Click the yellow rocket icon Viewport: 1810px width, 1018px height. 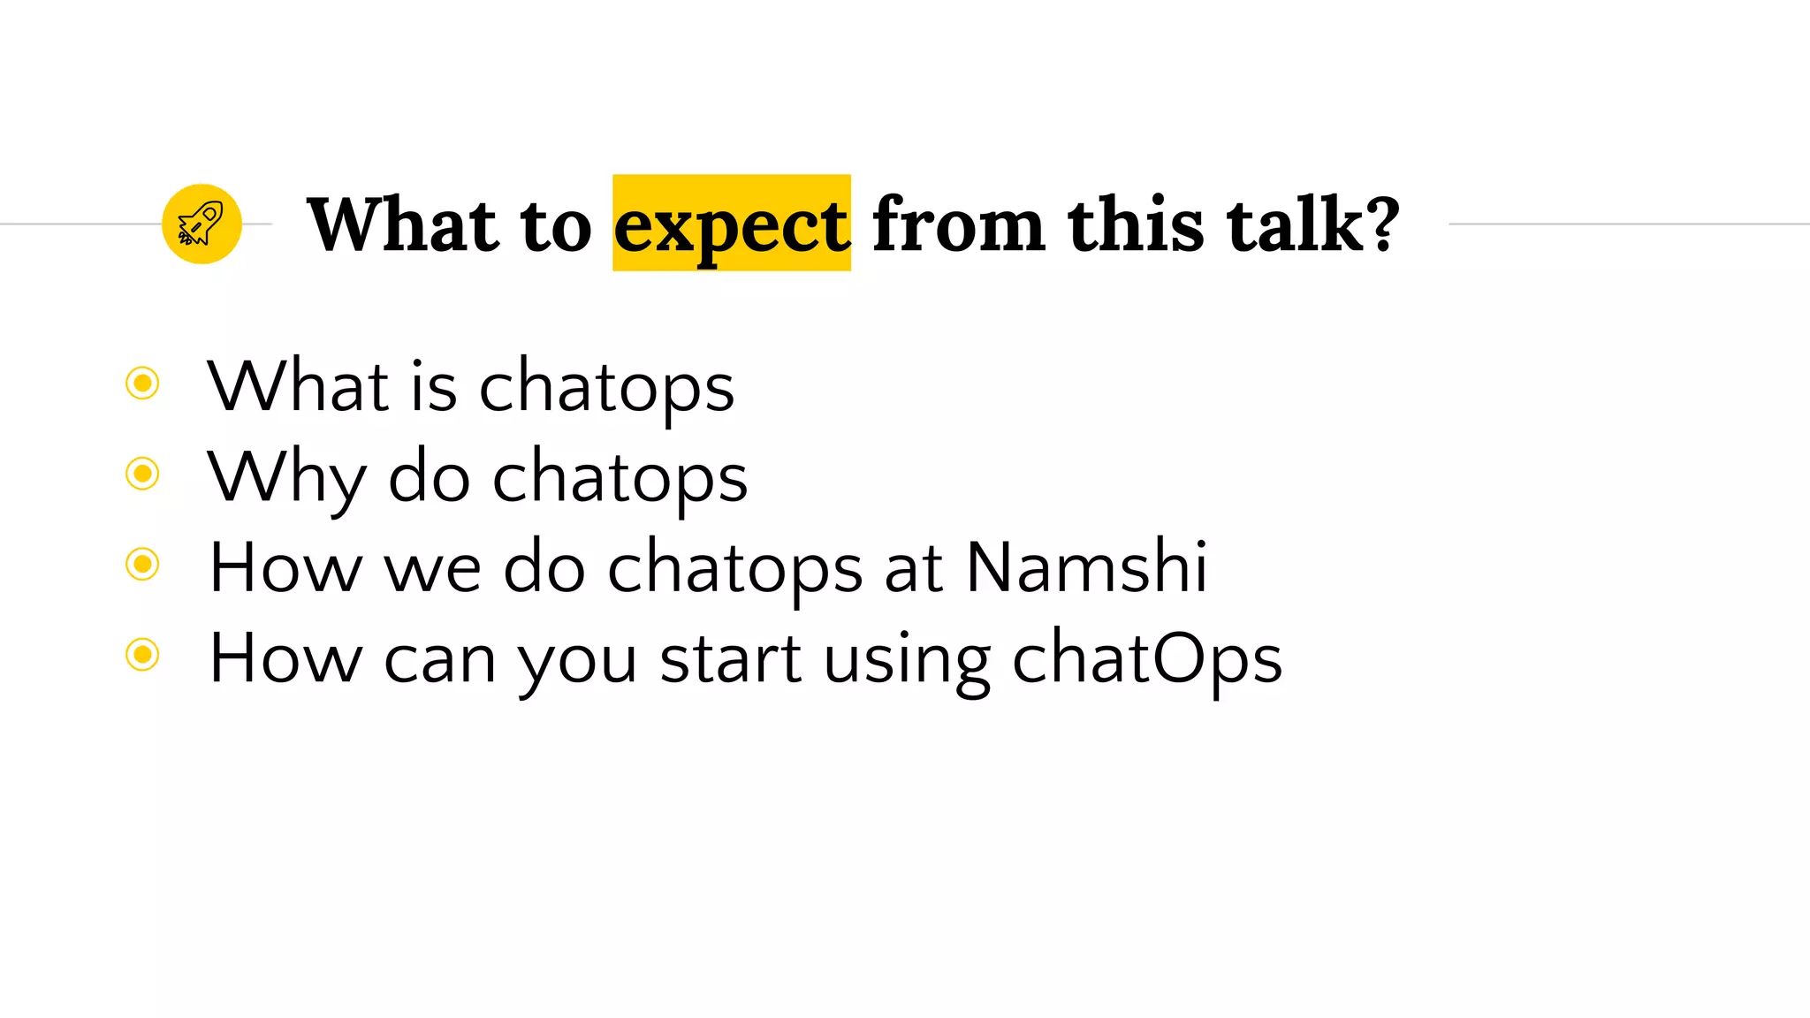click(202, 224)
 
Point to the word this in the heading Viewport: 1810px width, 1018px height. click(1135, 224)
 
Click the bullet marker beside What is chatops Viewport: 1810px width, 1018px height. click(142, 384)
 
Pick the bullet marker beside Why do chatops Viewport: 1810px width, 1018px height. click(142, 474)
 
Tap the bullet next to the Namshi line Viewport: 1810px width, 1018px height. click(142, 564)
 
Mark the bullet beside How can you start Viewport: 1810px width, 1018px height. click(142, 655)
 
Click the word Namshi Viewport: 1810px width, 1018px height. click(1086, 566)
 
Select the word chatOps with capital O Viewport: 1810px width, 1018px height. click(1146, 658)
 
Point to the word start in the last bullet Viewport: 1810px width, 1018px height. click(731, 658)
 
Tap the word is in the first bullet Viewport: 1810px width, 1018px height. click(433, 387)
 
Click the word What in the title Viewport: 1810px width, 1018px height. click(404, 224)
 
